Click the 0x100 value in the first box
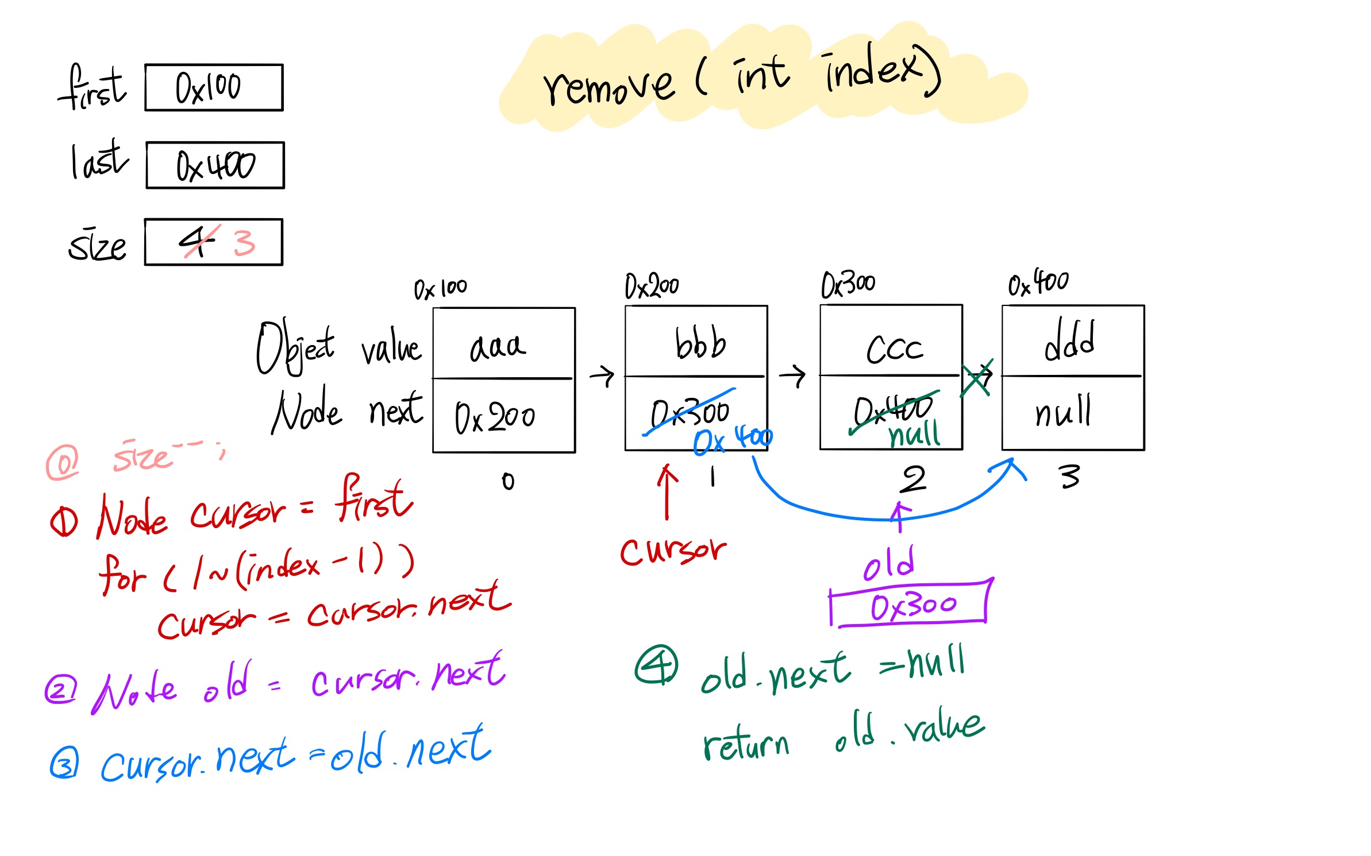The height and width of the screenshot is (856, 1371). pos(208,88)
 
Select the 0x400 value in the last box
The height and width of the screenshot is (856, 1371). pos(215,166)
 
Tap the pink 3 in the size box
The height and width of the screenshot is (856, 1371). pos(244,243)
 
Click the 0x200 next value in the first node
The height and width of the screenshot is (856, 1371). pos(495,417)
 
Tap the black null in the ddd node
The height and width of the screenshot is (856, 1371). pos(1063,412)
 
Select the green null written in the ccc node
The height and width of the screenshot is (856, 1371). pos(914,434)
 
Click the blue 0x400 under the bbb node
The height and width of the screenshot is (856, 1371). pos(733,440)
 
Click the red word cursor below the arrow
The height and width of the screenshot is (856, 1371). pos(673,551)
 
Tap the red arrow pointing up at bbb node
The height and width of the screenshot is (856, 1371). pos(667,492)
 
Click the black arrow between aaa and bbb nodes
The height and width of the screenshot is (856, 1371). pos(602,377)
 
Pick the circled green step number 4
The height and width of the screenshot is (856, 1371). pos(656,665)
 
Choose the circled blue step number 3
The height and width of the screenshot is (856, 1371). pos(63,764)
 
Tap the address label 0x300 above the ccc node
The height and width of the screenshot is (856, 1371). pos(848,285)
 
